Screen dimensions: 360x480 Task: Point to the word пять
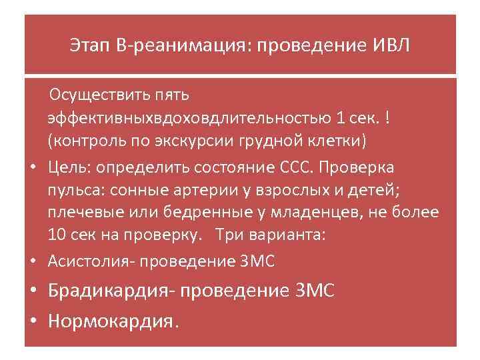(x=171, y=95)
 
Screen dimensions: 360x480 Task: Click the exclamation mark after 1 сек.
(x=387, y=119)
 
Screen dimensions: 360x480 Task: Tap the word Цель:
(x=70, y=166)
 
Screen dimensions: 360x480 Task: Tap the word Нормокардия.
(x=113, y=321)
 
